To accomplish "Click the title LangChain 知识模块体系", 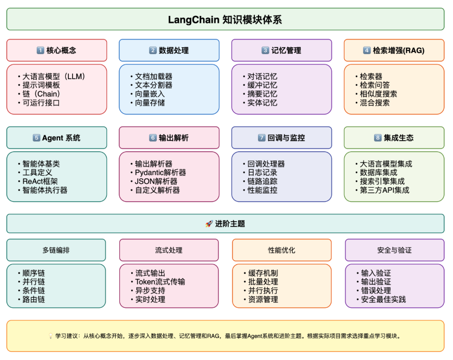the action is (x=225, y=20).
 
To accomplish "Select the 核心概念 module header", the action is (x=57, y=50).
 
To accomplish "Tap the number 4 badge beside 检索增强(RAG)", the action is (x=367, y=50).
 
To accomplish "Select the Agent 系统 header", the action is (x=57, y=138).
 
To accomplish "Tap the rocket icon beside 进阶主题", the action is (x=209, y=224).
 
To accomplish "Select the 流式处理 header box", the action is (x=169, y=250).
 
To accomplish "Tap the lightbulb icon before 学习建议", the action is (x=51, y=336).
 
